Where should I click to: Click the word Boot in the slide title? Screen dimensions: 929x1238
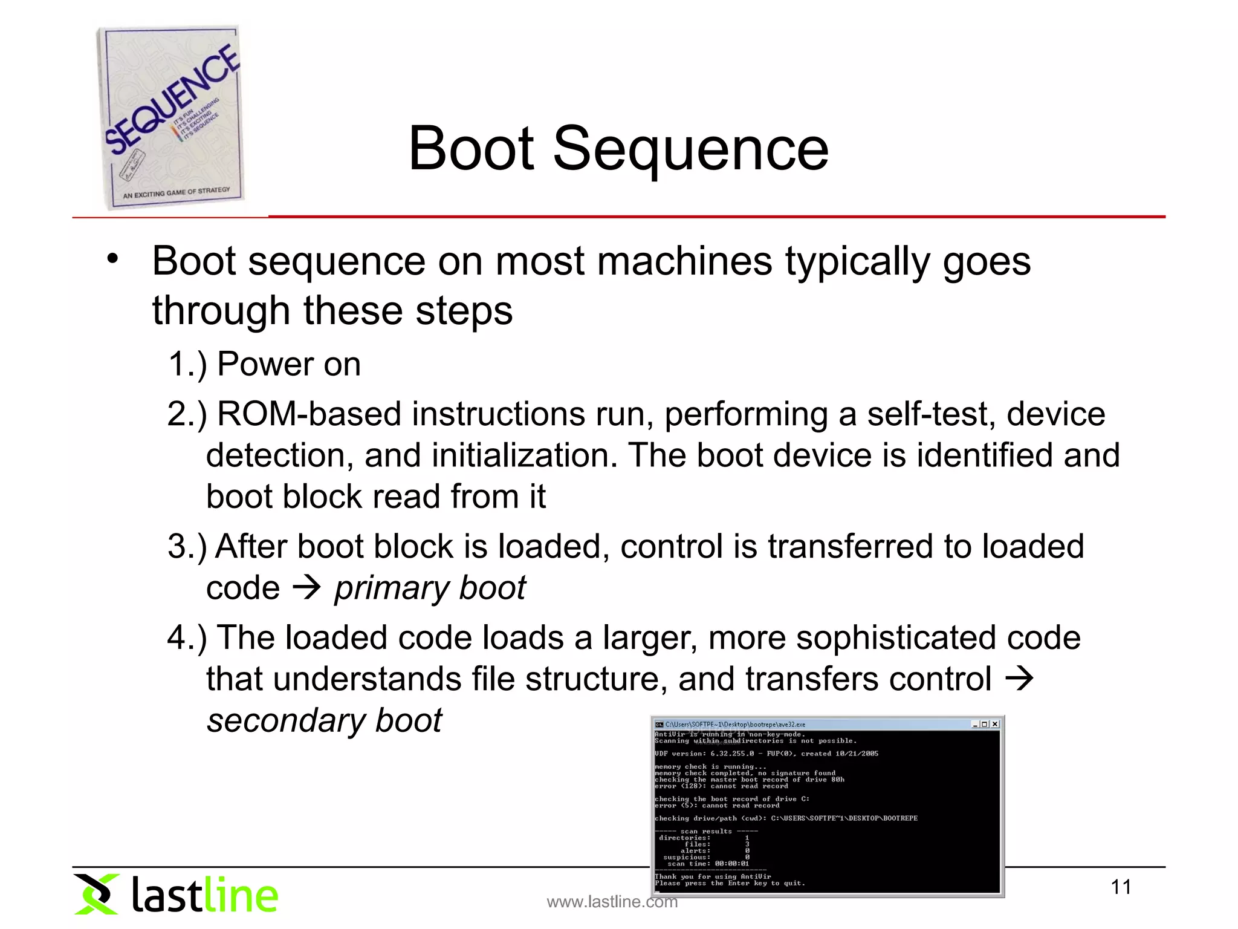(x=471, y=149)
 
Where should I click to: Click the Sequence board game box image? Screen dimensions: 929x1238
(x=171, y=118)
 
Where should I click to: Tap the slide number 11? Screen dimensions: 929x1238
(x=1121, y=887)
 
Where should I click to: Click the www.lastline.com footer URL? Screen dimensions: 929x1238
(x=612, y=902)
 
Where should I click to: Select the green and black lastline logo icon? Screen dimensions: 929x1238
(x=96, y=894)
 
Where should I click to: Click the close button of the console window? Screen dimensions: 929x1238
(x=995, y=724)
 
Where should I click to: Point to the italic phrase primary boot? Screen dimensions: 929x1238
(x=430, y=588)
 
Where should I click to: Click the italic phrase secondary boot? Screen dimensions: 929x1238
(x=324, y=720)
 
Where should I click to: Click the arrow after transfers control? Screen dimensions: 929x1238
(x=1019, y=679)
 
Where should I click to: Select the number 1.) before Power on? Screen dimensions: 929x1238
(x=187, y=364)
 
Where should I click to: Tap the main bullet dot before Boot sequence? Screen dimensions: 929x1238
(x=112, y=259)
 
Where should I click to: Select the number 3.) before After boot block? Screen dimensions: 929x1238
(x=187, y=547)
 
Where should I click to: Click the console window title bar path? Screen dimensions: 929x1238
(x=735, y=724)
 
